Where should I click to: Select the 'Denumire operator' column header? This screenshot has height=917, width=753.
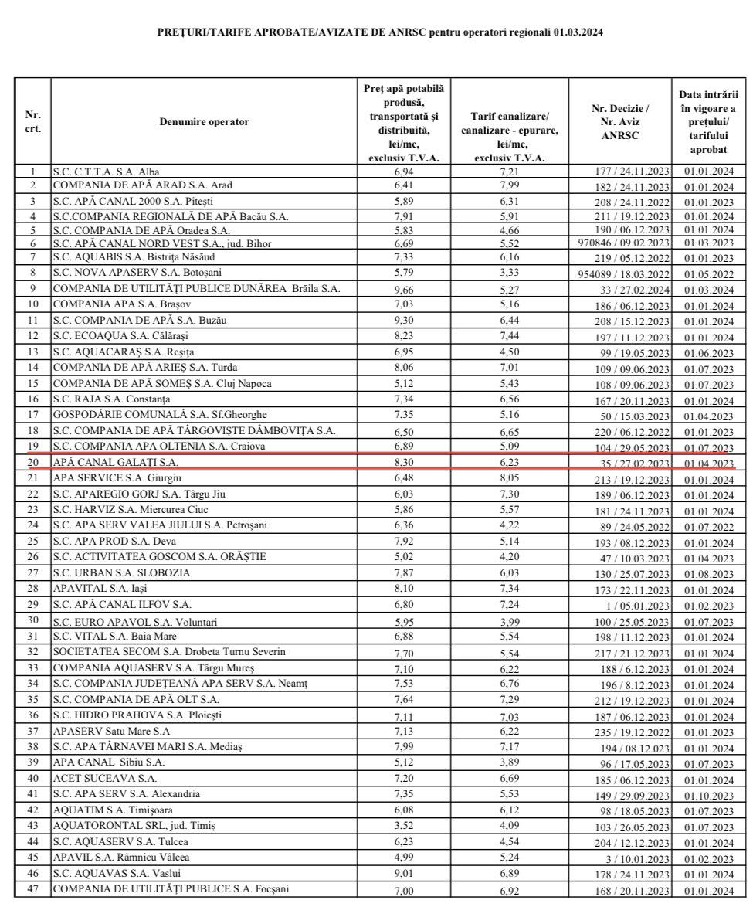205,122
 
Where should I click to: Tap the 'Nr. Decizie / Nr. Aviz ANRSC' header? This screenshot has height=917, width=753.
619,122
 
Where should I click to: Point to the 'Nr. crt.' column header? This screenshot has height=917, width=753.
32,122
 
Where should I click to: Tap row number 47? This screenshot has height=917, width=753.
32,889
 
